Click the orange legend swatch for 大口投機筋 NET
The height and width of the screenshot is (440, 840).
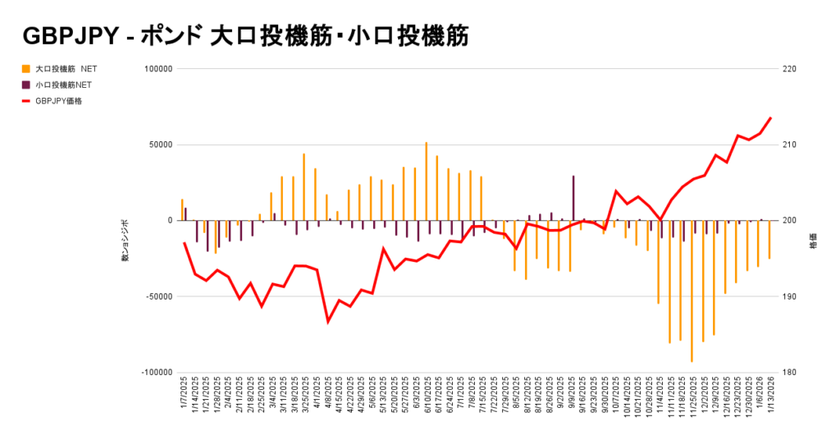pos(26,69)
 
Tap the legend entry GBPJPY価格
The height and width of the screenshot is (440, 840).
pos(59,101)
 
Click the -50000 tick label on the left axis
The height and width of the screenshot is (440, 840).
pos(157,296)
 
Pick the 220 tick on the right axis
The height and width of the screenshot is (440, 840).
pos(789,70)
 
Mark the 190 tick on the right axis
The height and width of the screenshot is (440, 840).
pos(789,296)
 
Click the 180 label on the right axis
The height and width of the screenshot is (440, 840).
pos(789,373)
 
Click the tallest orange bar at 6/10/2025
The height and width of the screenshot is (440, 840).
pos(426,181)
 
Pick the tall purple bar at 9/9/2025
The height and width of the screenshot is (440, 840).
pos(573,198)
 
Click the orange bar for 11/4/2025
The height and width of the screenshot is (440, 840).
pos(658,262)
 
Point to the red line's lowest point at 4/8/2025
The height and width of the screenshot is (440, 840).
pos(328,322)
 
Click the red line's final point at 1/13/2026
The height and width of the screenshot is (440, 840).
pos(770,118)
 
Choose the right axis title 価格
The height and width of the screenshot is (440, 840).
pos(812,244)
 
